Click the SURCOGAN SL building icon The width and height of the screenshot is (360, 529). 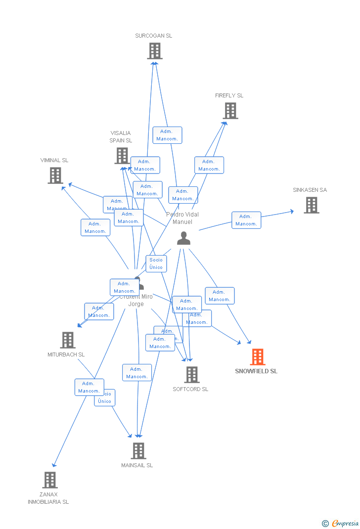(x=155, y=51)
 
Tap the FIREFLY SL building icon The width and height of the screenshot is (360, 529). (x=230, y=111)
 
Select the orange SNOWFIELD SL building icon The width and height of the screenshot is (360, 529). (x=257, y=357)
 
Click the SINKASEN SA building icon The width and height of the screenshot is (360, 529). (x=311, y=205)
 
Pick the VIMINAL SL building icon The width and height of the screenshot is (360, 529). (x=55, y=176)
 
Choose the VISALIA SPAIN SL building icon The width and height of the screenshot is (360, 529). (x=122, y=156)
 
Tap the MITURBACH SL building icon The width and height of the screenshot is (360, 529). (x=68, y=340)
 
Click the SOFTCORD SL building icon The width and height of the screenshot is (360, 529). (x=192, y=375)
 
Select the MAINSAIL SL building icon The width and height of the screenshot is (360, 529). (x=138, y=450)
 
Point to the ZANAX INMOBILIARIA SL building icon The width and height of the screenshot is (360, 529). (x=50, y=480)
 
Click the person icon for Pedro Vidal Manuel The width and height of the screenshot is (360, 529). (x=183, y=238)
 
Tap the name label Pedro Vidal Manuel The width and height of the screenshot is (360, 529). (x=182, y=218)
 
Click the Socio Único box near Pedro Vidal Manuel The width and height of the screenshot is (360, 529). (x=156, y=264)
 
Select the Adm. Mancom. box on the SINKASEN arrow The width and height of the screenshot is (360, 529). (x=246, y=220)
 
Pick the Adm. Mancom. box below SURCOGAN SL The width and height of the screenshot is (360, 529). (x=167, y=135)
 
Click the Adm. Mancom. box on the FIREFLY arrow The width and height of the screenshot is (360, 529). (x=209, y=165)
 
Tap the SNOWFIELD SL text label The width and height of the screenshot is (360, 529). (x=256, y=371)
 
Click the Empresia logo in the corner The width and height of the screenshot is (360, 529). (x=341, y=523)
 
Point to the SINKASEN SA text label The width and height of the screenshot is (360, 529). (x=310, y=190)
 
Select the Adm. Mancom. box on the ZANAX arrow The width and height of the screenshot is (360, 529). (x=89, y=387)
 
